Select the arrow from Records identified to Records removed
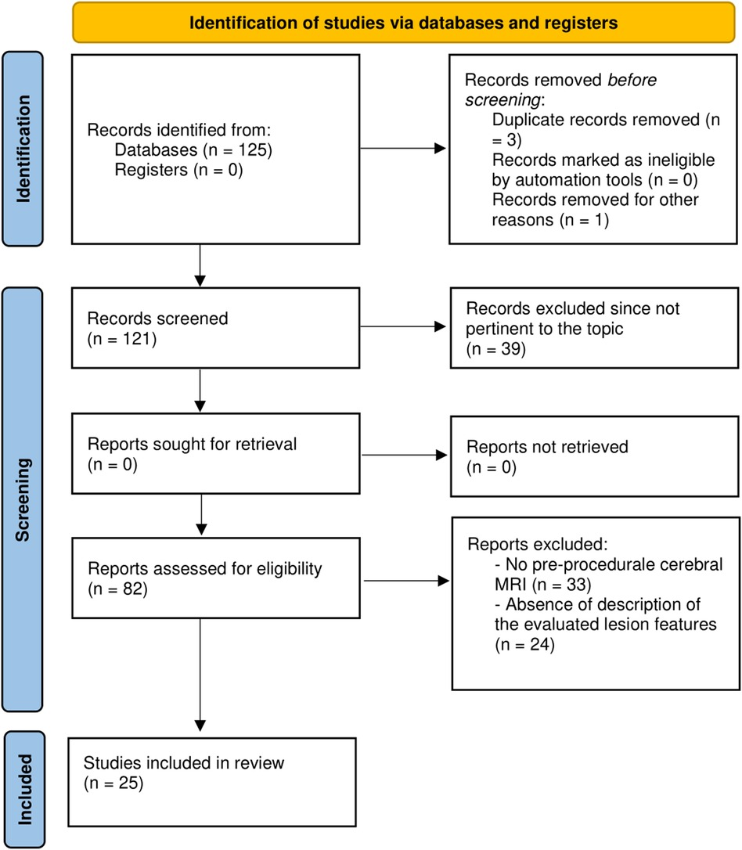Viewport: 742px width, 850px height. (x=404, y=149)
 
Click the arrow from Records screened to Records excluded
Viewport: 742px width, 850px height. (x=404, y=329)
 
